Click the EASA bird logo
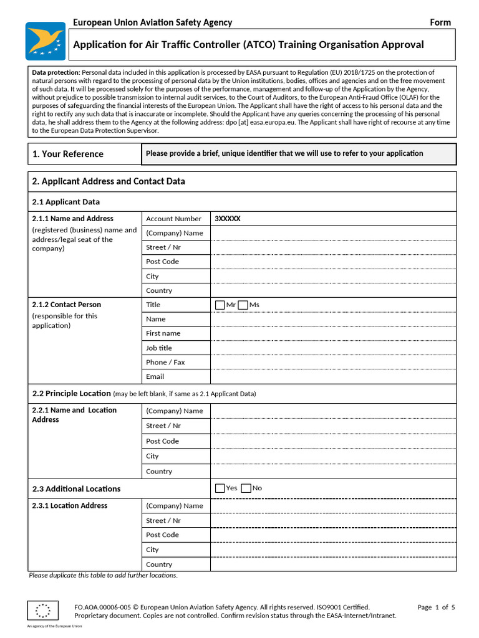(45, 40)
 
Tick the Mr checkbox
(220, 305)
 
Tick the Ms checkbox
(243, 305)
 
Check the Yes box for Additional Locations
(220, 488)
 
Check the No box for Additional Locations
(246, 488)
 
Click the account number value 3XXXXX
(227, 219)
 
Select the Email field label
(155, 376)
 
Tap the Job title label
(158, 348)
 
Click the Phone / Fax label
(165, 362)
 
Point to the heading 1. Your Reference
(68, 154)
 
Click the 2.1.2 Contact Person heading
(66, 305)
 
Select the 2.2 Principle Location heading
(71, 393)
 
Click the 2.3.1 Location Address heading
(69, 505)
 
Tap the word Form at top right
(440, 22)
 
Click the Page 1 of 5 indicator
(436, 607)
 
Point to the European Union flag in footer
(43, 611)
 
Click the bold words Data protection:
(56, 73)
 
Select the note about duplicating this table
(103, 575)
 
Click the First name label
(163, 333)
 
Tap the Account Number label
(173, 219)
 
